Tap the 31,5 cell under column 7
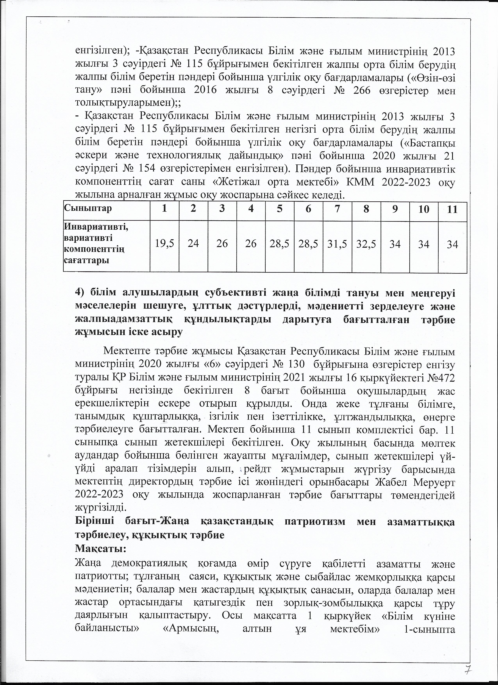[337, 243]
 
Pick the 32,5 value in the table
[366, 243]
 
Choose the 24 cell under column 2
[193, 243]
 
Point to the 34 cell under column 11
[452, 244]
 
